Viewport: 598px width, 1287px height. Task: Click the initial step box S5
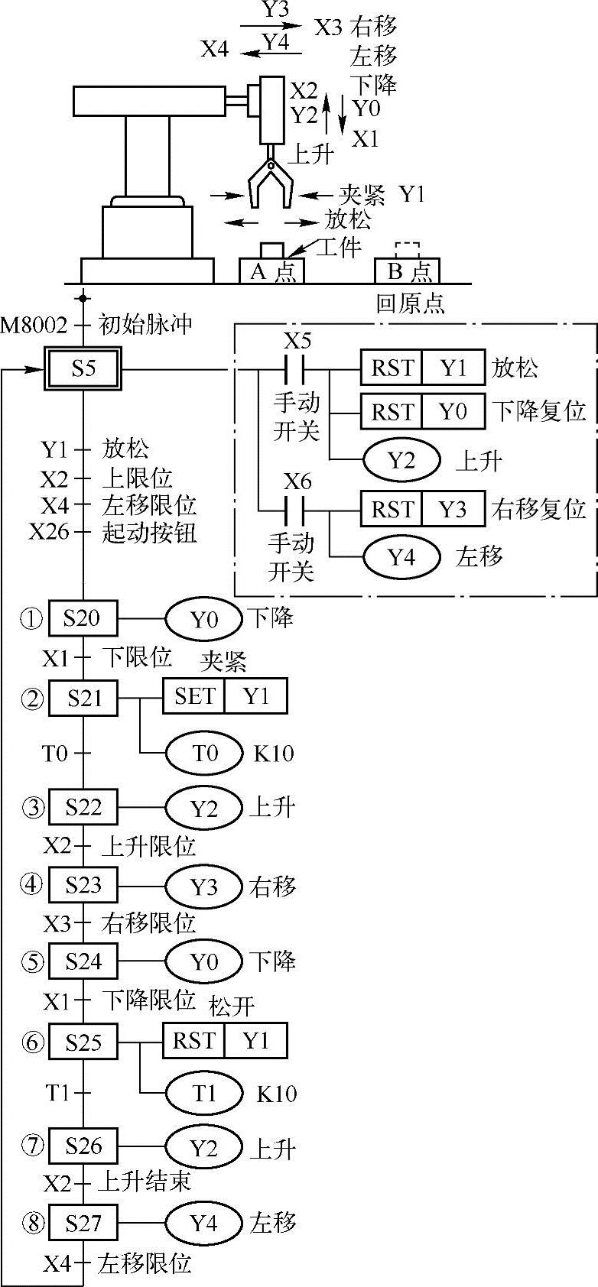coord(83,370)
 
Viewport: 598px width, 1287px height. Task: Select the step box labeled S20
coord(83,618)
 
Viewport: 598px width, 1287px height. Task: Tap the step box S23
coord(83,885)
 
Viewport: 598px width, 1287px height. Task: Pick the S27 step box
coord(83,1224)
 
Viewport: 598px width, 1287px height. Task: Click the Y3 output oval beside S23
coord(204,887)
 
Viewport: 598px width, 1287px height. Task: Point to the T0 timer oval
coord(204,754)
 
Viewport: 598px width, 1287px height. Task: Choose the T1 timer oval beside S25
coord(204,1094)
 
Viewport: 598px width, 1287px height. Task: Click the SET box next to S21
coord(194,696)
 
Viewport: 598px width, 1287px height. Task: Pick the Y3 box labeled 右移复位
coord(453,509)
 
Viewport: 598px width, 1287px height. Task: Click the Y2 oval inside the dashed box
coord(401,461)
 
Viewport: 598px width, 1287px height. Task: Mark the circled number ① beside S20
coord(31,619)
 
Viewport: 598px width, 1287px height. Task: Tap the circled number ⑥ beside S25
coord(31,1042)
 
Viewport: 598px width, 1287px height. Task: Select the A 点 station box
coord(272,271)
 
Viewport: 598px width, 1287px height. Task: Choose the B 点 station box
coord(408,271)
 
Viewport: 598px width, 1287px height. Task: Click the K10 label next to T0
coord(274,754)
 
